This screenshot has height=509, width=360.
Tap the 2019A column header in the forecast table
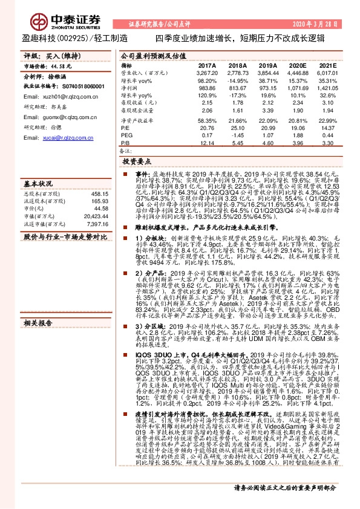click(267, 65)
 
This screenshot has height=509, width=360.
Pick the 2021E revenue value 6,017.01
click(326, 72)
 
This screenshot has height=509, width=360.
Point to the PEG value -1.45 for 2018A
click(237, 136)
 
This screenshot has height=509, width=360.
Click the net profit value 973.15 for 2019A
click(267, 87)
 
